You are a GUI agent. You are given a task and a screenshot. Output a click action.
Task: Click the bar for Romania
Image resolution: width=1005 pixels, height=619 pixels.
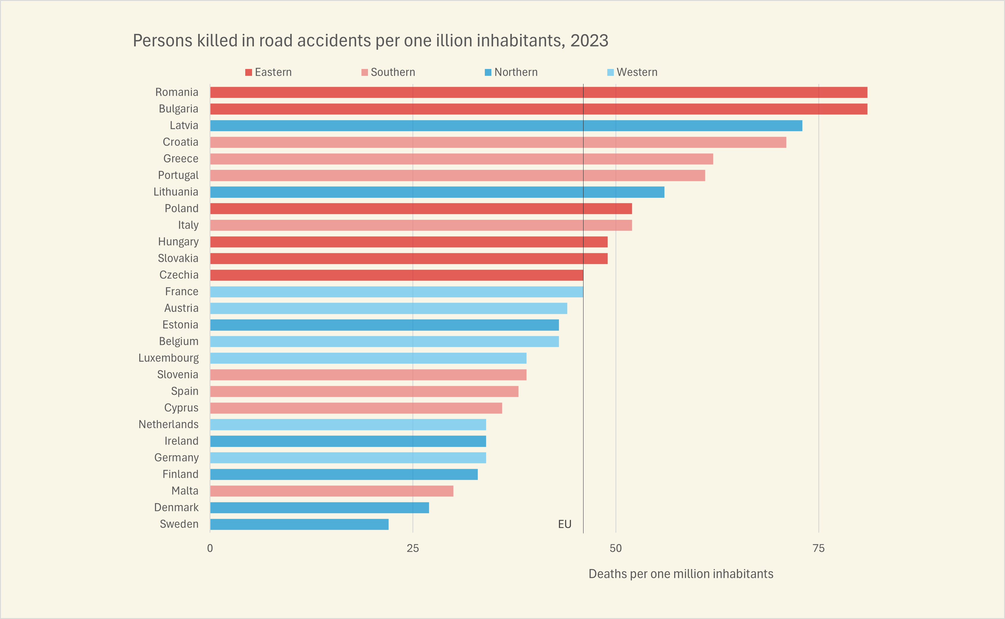539,92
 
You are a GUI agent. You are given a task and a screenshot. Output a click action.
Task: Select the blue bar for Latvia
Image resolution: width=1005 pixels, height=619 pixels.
506,126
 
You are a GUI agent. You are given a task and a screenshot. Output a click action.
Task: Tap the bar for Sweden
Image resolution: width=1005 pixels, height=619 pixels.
299,524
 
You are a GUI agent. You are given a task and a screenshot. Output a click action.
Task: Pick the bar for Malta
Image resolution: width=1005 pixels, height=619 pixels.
331,491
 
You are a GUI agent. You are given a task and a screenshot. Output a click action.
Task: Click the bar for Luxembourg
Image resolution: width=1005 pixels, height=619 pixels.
368,358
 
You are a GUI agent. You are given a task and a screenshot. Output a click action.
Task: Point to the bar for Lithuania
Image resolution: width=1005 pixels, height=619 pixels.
437,192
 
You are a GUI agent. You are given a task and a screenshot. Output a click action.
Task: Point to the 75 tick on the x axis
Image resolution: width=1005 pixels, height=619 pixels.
818,549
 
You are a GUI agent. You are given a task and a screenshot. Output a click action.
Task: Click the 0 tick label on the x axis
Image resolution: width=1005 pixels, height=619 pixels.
210,549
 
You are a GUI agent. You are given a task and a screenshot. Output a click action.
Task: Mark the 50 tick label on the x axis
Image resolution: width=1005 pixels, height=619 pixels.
615,549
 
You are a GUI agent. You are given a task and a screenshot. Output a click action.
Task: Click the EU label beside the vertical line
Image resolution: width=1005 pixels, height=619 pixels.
565,524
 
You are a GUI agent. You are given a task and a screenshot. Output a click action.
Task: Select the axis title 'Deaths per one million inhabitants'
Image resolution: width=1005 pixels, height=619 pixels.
680,574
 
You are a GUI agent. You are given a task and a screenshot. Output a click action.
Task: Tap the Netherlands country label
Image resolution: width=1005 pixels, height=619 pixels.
169,425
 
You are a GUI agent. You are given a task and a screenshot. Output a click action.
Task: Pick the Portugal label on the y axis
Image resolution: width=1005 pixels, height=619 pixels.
178,175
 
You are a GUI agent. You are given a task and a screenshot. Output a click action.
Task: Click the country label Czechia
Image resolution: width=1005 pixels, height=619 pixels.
179,275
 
